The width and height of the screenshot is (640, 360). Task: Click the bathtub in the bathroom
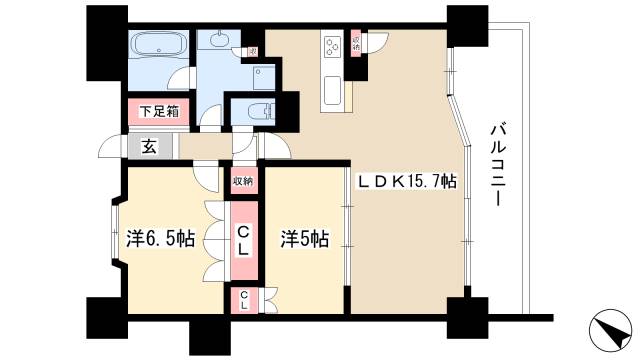coord(158,46)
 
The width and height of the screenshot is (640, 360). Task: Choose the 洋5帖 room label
coord(304,239)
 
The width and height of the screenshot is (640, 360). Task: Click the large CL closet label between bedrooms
coord(242,241)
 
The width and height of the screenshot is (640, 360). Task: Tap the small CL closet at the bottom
coord(242,300)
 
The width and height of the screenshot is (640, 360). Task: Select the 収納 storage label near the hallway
coord(242,181)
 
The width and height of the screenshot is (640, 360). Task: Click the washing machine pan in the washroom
coord(263,75)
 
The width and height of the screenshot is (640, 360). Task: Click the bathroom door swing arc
coord(209,117)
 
